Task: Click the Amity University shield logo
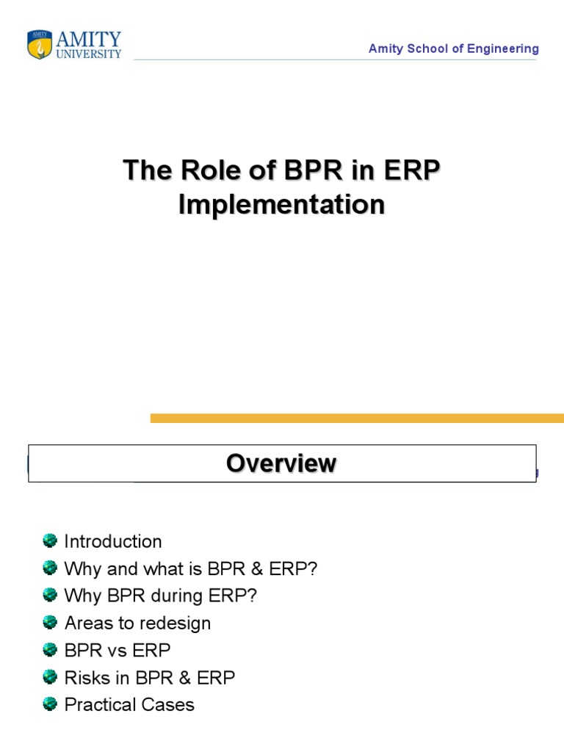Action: click(x=38, y=44)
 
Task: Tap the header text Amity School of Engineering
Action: click(x=453, y=48)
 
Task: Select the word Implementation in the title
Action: click(x=281, y=205)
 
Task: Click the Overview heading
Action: click(x=281, y=463)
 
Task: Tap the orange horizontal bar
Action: click(x=357, y=418)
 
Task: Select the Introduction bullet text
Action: click(x=113, y=542)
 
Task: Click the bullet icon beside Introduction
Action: click(x=50, y=541)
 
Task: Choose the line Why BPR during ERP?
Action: click(x=161, y=596)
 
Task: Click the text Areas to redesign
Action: click(x=137, y=623)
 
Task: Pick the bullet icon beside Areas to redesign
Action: click(x=50, y=623)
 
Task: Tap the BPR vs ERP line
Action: click(x=117, y=650)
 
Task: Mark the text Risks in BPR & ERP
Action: click(x=150, y=677)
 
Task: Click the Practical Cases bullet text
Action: click(x=129, y=705)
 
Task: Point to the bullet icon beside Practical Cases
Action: click(x=50, y=704)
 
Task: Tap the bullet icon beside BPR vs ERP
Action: click(x=50, y=650)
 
